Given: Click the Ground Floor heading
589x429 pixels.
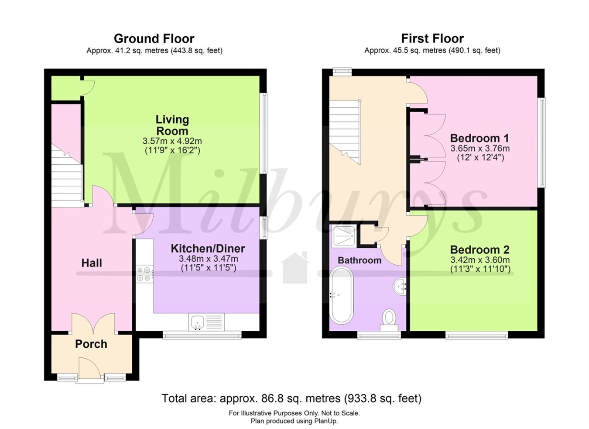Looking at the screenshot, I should [x=154, y=38].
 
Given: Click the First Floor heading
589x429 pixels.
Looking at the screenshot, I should [x=432, y=38].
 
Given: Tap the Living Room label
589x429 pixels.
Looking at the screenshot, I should [x=172, y=125].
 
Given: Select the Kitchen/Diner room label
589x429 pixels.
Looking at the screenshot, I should [x=208, y=249].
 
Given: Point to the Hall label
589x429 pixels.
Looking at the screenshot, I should [x=92, y=263].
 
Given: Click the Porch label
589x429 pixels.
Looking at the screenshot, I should [x=91, y=344].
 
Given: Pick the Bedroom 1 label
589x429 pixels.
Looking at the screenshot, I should [x=479, y=138].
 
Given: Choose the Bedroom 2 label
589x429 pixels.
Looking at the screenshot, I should [x=479, y=250].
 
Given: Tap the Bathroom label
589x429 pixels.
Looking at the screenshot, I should [x=359, y=260].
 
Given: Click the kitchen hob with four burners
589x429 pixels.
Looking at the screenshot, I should [x=144, y=274].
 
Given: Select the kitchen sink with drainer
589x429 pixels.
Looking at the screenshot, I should [x=206, y=322].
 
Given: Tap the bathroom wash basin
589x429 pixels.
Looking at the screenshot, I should [x=401, y=287].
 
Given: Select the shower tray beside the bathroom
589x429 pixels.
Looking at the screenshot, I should [x=344, y=236].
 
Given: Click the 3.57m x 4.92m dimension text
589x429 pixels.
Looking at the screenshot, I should [x=172, y=142].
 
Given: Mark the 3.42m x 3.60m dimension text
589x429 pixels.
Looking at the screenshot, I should [x=480, y=260].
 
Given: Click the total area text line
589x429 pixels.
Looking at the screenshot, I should [x=291, y=398].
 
